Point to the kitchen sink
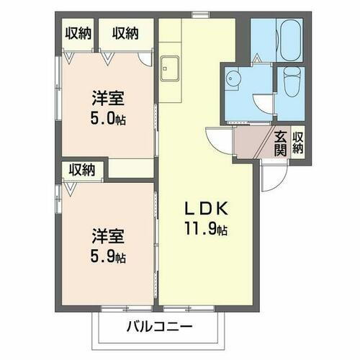tap(171, 68)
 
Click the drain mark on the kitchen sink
tap(171, 72)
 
